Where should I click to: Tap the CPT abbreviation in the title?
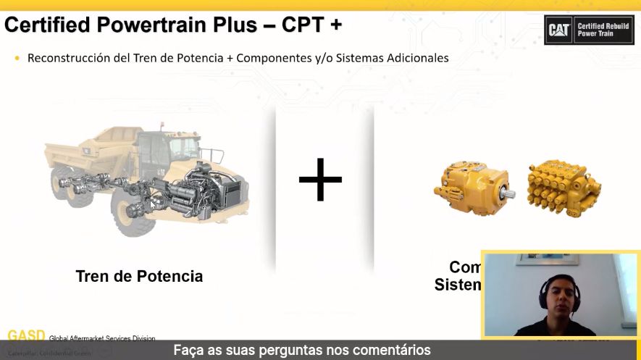coord(296,25)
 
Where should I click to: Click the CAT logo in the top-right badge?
coord(559,30)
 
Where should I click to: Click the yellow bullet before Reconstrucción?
coord(17,57)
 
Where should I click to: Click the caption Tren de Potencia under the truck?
coord(139,276)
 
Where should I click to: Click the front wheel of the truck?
coord(133,210)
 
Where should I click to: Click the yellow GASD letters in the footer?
coord(26,336)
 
